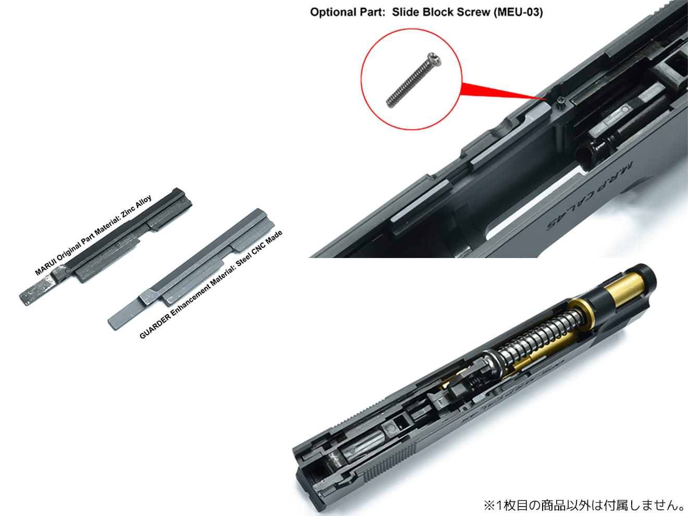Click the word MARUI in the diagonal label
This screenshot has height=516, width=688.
point(45,267)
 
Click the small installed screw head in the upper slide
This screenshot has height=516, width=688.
point(559,100)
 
